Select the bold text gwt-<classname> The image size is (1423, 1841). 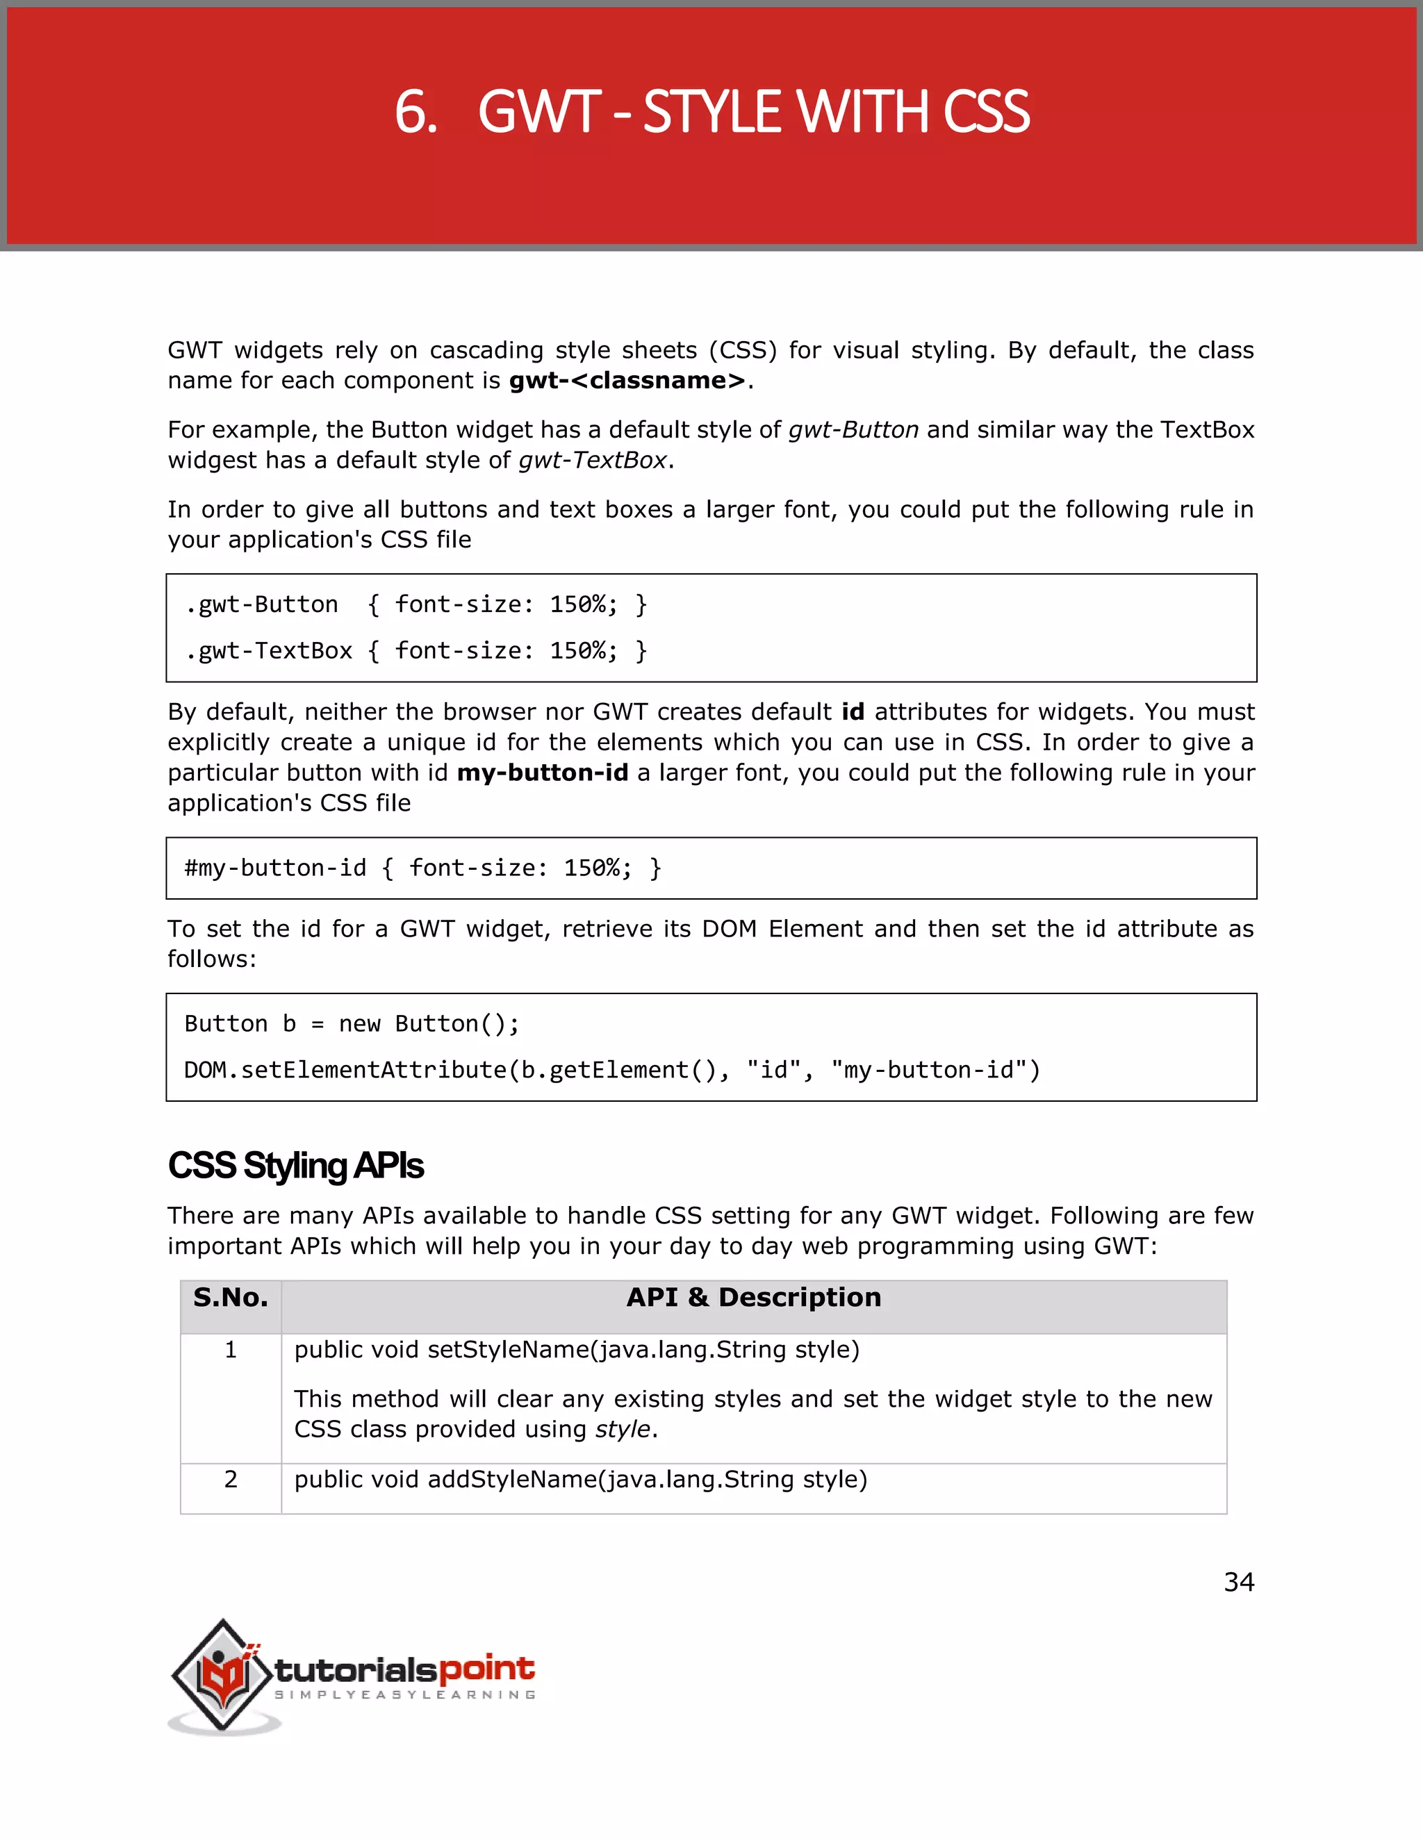coord(627,381)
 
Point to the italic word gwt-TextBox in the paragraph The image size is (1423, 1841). coord(593,460)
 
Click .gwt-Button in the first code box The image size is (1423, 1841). coord(262,604)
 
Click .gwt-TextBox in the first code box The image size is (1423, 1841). coord(269,651)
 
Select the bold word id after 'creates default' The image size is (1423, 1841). coord(853,712)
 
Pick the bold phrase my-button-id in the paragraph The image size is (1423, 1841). coord(542,773)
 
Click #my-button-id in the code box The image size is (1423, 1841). coord(276,868)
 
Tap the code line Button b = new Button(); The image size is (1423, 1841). coord(352,1024)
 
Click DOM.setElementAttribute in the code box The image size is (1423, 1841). coord(345,1071)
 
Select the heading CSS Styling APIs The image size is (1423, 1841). coord(295,1166)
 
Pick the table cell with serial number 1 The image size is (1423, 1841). coord(230,1351)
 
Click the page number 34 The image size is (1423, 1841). coord(1238,1582)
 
